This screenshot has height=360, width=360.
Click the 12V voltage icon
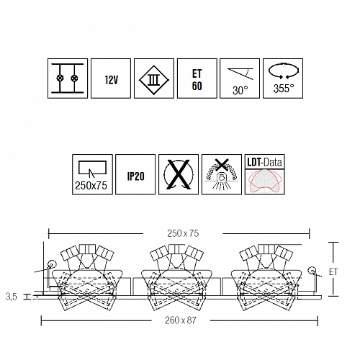(111, 78)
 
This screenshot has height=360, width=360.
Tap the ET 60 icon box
(197, 78)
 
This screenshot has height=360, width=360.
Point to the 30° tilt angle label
(240, 91)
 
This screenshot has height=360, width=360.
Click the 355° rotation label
(284, 89)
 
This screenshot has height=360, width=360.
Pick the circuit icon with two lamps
(68, 78)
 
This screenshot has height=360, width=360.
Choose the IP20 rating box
(135, 174)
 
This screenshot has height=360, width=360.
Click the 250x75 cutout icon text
(91, 186)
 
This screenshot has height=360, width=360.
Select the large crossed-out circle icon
(179, 174)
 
